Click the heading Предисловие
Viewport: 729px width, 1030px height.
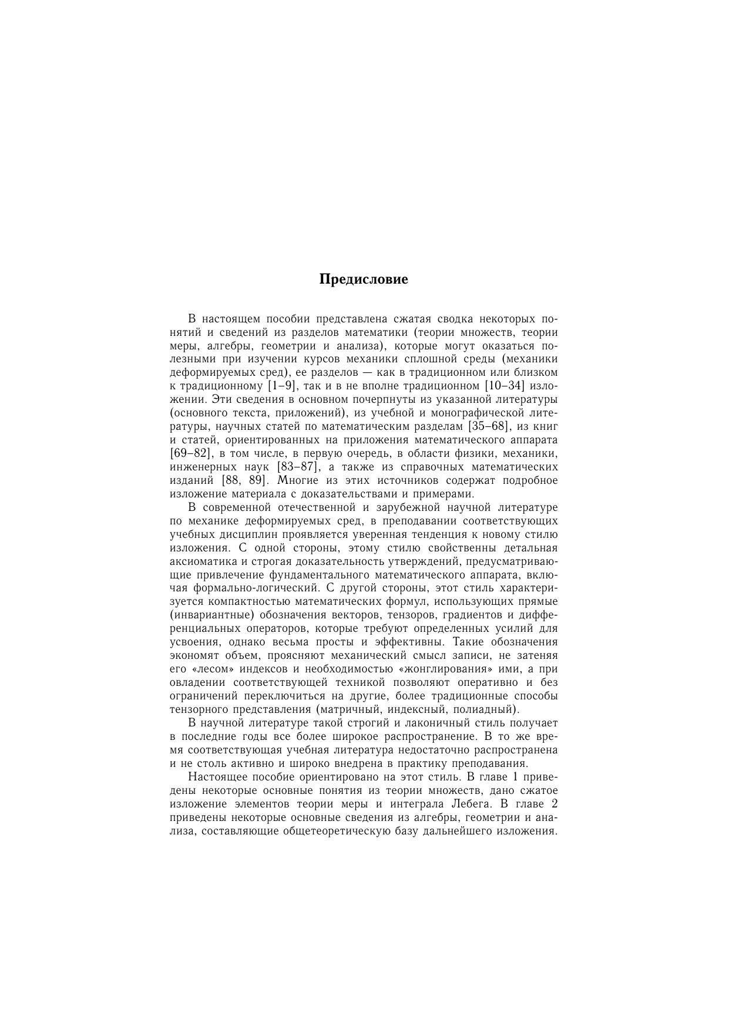coord(364,279)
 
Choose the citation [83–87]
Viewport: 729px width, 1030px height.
coord(298,467)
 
